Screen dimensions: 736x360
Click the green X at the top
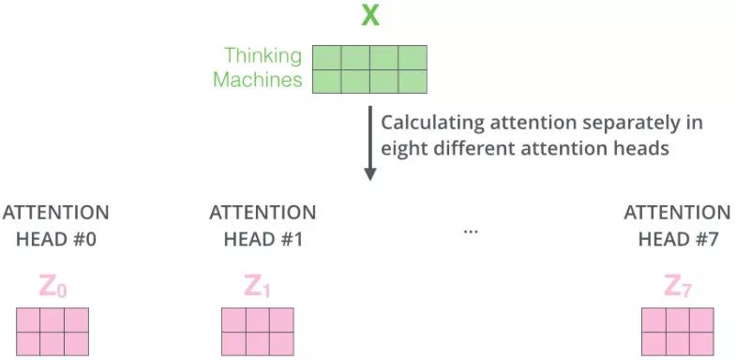click(370, 17)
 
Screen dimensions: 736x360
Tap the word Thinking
click(263, 56)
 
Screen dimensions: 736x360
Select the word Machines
click(258, 80)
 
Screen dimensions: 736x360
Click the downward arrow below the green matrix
click(370, 143)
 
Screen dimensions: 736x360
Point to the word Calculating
click(433, 124)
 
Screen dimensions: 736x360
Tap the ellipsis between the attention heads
click(471, 231)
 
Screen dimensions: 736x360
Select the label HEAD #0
click(56, 239)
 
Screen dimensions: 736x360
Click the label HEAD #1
click(263, 239)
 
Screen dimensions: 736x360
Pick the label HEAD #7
click(678, 239)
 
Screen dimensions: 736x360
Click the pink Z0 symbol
click(53, 287)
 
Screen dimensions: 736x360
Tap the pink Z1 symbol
click(257, 287)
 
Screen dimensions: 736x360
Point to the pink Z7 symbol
click(678, 287)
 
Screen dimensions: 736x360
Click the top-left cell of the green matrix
click(327, 57)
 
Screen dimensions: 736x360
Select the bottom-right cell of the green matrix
click(413, 82)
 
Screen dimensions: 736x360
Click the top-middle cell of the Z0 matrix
click(53, 320)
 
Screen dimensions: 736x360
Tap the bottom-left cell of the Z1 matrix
click(233, 343)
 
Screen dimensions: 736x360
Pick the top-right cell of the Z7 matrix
click(701, 320)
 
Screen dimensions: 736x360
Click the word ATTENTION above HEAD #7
click(677, 213)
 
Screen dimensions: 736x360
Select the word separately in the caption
click(622, 124)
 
